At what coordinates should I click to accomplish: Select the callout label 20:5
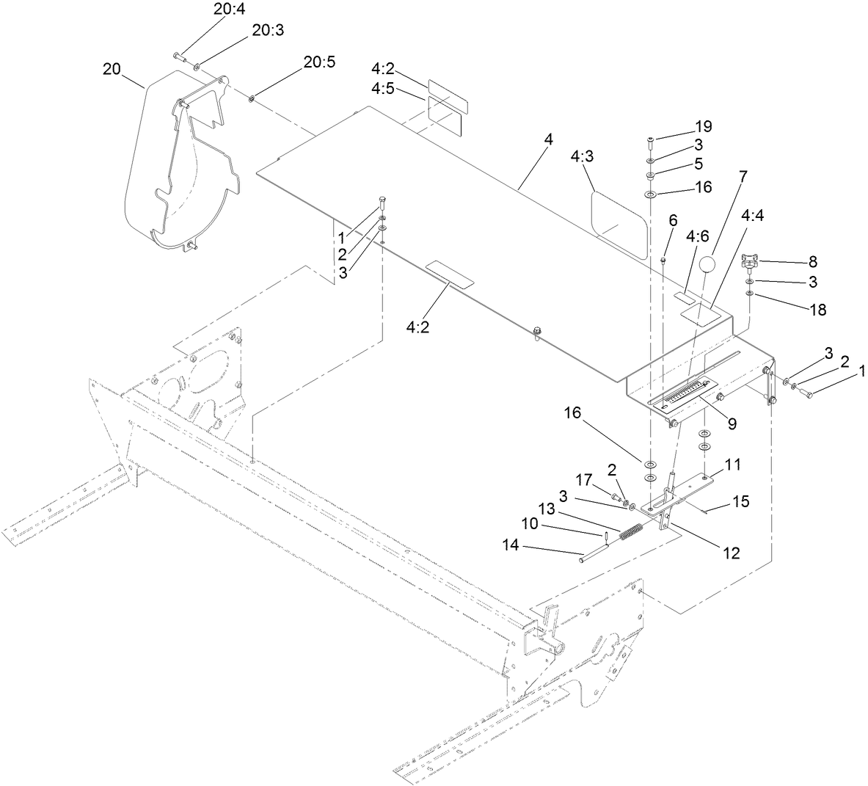click(319, 62)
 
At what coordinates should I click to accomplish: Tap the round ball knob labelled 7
click(706, 263)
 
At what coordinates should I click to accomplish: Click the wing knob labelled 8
click(749, 259)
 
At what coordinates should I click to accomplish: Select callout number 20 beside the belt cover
click(111, 69)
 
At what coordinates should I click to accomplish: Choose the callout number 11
click(732, 464)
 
